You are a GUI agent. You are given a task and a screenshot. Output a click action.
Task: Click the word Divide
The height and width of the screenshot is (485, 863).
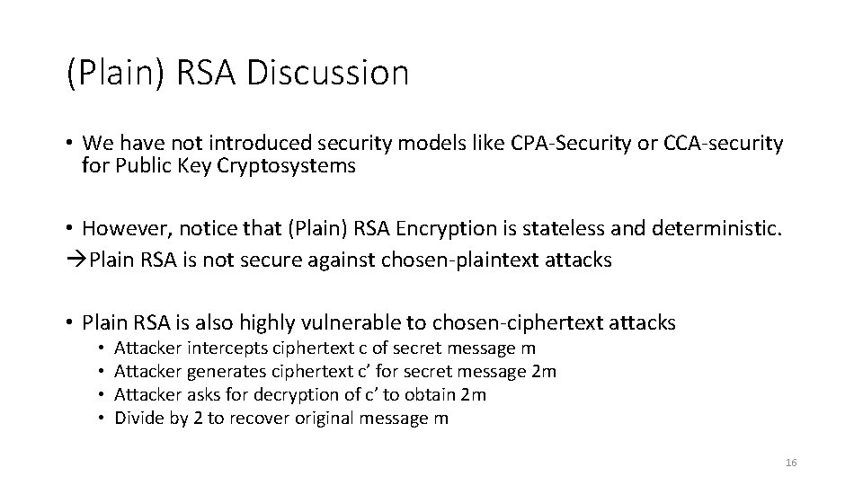click(x=138, y=419)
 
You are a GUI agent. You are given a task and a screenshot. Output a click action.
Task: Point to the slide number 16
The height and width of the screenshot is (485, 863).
click(x=791, y=463)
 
